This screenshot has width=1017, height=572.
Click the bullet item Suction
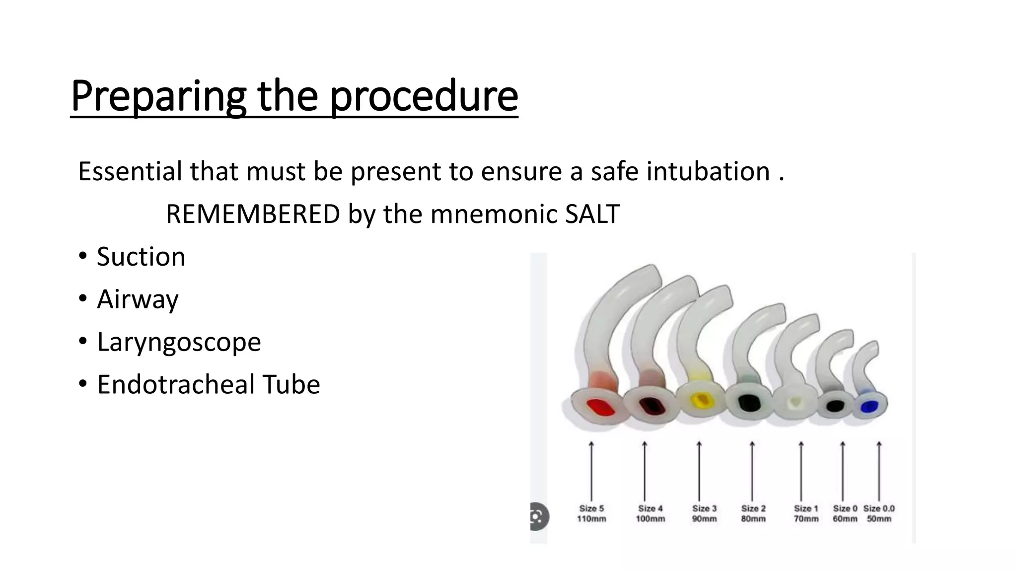[x=141, y=257]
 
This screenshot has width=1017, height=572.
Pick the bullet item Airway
[x=138, y=299]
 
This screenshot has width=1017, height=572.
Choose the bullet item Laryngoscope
[x=179, y=342]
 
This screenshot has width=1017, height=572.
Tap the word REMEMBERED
[x=253, y=214]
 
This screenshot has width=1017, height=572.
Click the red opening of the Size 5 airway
[x=600, y=408]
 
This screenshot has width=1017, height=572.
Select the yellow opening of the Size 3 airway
[x=701, y=400]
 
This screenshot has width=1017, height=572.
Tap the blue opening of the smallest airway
[x=869, y=407]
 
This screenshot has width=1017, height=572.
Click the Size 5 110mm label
[x=591, y=514]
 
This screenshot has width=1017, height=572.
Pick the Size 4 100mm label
[x=650, y=514]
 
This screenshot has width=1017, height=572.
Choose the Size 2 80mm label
[x=753, y=514]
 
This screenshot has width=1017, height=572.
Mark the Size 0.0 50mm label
[x=879, y=514]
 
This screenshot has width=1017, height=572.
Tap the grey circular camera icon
[x=538, y=517]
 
